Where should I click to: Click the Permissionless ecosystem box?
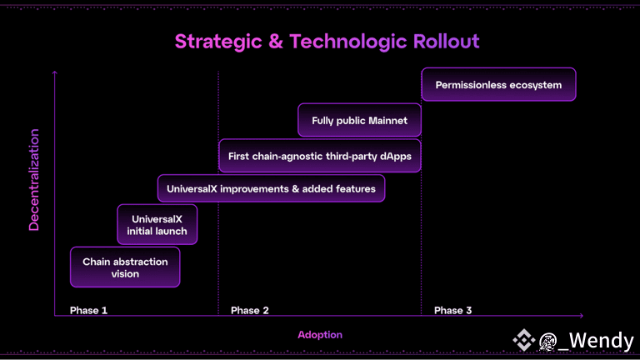[x=498, y=85]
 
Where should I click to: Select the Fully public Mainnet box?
[x=359, y=121]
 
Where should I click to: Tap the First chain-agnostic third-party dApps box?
[x=319, y=156]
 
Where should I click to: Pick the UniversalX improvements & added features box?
[x=271, y=189]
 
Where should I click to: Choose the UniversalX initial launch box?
[x=157, y=225]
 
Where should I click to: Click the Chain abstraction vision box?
[x=125, y=267]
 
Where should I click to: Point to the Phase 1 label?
[x=88, y=311]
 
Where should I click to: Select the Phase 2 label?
[x=250, y=311]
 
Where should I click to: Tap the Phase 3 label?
[x=453, y=311]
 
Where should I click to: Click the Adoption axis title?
[x=320, y=335]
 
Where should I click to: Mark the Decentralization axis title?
[x=34, y=179]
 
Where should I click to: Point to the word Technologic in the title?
[x=341, y=42]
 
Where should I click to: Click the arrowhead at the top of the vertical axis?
[x=55, y=73]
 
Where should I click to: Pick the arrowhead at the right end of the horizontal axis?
[x=580, y=316]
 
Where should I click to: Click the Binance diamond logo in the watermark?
[x=523, y=340]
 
